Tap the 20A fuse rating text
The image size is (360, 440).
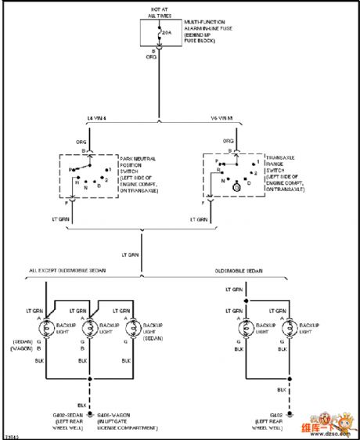coord(166,33)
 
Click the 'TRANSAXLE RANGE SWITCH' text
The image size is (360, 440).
coord(282,164)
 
